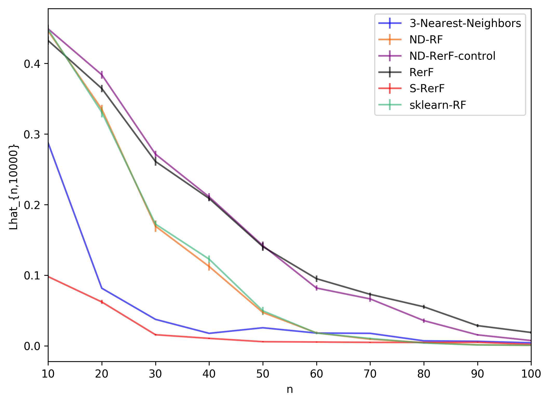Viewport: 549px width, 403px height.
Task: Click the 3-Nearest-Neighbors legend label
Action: (465, 23)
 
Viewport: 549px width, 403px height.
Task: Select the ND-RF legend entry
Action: (426, 40)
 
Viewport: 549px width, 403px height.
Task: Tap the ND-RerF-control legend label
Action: (452, 56)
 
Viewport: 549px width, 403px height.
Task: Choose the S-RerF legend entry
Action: (427, 89)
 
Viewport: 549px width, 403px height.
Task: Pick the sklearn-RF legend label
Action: (438, 105)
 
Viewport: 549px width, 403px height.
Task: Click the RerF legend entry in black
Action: (421, 72)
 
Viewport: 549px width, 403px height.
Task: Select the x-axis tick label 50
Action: (263, 374)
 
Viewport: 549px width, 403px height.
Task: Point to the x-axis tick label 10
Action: (48, 374)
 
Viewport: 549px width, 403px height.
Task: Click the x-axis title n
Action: (290, 390)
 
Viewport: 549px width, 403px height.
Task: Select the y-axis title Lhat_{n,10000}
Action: (14, 187)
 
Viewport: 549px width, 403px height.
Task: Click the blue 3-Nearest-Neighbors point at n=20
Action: (102, 288)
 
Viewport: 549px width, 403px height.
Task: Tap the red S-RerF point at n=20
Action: (102, 302)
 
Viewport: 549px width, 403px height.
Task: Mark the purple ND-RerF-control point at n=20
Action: (102, 75)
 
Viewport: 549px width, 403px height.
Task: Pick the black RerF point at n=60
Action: (317, 279)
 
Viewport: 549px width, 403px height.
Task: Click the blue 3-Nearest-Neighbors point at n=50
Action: (263, 328)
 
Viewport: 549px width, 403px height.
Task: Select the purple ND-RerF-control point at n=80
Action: (424, 321)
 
